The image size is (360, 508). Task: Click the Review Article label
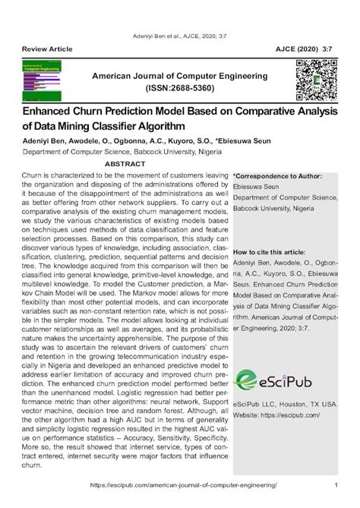pyautogui.click(x=48, y=49)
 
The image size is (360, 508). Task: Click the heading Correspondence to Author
pyautogui.click(x=279, y=175)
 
